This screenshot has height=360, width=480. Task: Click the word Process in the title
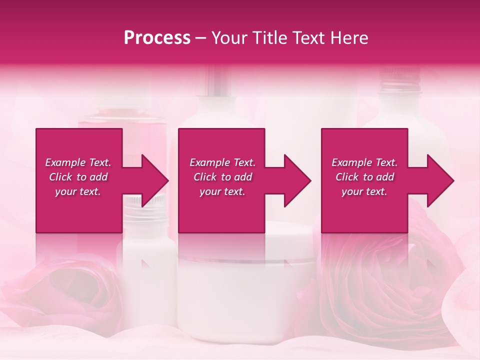pyautogui.click(x=157, y=37)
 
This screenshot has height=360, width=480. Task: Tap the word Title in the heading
pyautogui.click(x=269, y=37)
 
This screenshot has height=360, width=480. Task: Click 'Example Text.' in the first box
pyautogui.click(x=78, y=162)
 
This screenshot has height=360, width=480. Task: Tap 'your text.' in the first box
pyautogui.click(x=78, y=191)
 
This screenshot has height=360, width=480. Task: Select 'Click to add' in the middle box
pyautogui.click(x=222, y=177)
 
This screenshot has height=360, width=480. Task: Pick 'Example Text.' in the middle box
pyautogui.click(x=222, y=162)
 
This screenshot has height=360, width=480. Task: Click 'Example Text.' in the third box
pyautogui.click(x=364, y=162)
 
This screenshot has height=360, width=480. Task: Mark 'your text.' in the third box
pyautogui.click(x=364, y=191)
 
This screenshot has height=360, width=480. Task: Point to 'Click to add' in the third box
pyautogui.click(x=364, y=177)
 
